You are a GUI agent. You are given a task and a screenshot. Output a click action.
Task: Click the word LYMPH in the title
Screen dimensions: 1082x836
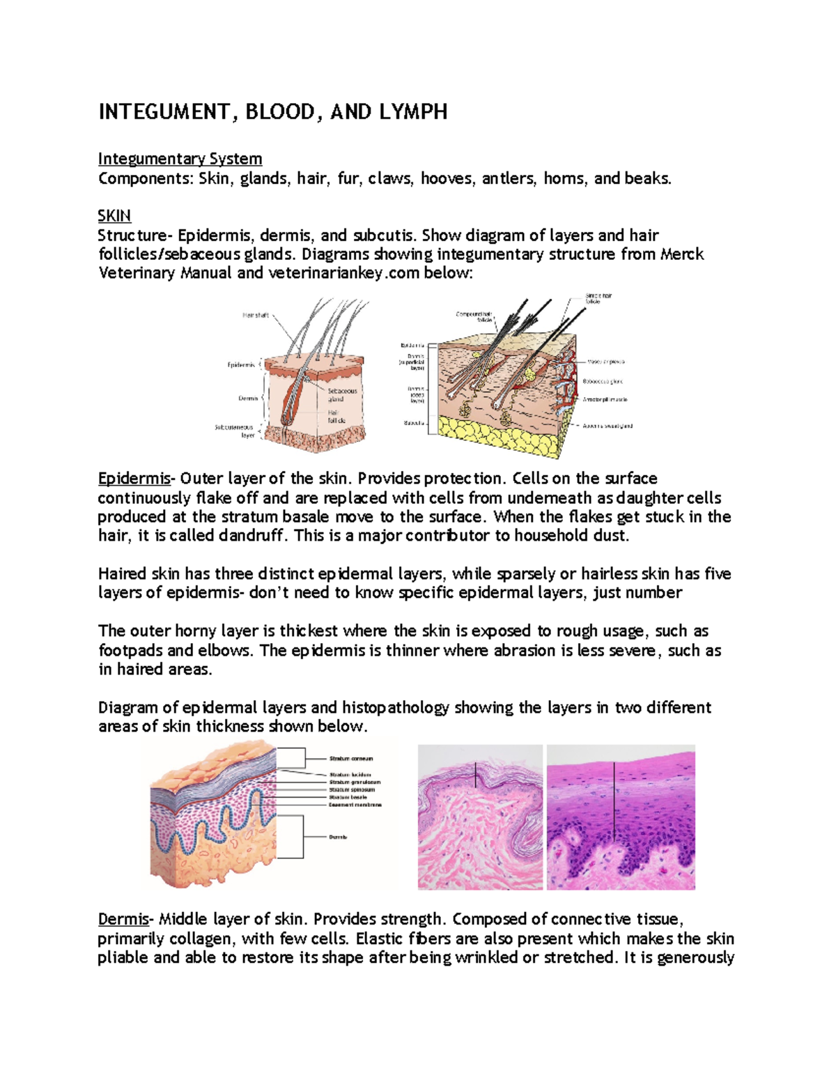click(x=412, y=112)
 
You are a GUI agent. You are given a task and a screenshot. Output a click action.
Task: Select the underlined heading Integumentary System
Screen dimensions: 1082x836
click(x=180, y=159)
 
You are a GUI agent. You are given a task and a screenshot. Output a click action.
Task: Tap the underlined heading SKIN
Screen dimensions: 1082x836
click(x=114, y=215)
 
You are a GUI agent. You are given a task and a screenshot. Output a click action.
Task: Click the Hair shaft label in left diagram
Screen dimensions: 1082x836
click(x=255, y=316)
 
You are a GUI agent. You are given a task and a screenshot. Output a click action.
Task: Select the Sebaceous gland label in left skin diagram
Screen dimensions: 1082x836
click(x=342, y=395)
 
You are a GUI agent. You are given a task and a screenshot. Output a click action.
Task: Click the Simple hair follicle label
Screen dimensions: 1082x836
click(x=598, y=299)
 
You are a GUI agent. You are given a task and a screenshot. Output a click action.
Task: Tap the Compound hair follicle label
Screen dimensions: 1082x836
click(x=474, y=317)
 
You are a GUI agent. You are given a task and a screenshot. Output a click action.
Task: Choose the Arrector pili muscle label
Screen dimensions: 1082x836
click(x=605, y=400)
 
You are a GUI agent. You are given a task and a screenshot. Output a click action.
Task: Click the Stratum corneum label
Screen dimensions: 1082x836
click(x=350, y=759)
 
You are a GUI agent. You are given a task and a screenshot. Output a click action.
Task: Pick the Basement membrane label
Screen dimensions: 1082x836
click(x=355, y=805)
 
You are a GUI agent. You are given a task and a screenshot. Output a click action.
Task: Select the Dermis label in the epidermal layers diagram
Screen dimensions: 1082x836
click(x=338, y=837)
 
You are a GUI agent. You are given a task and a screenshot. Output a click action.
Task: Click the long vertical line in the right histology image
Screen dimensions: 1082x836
click(x=614, y=801)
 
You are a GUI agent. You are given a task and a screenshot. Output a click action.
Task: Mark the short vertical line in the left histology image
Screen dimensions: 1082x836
click(x=476, y=775)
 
